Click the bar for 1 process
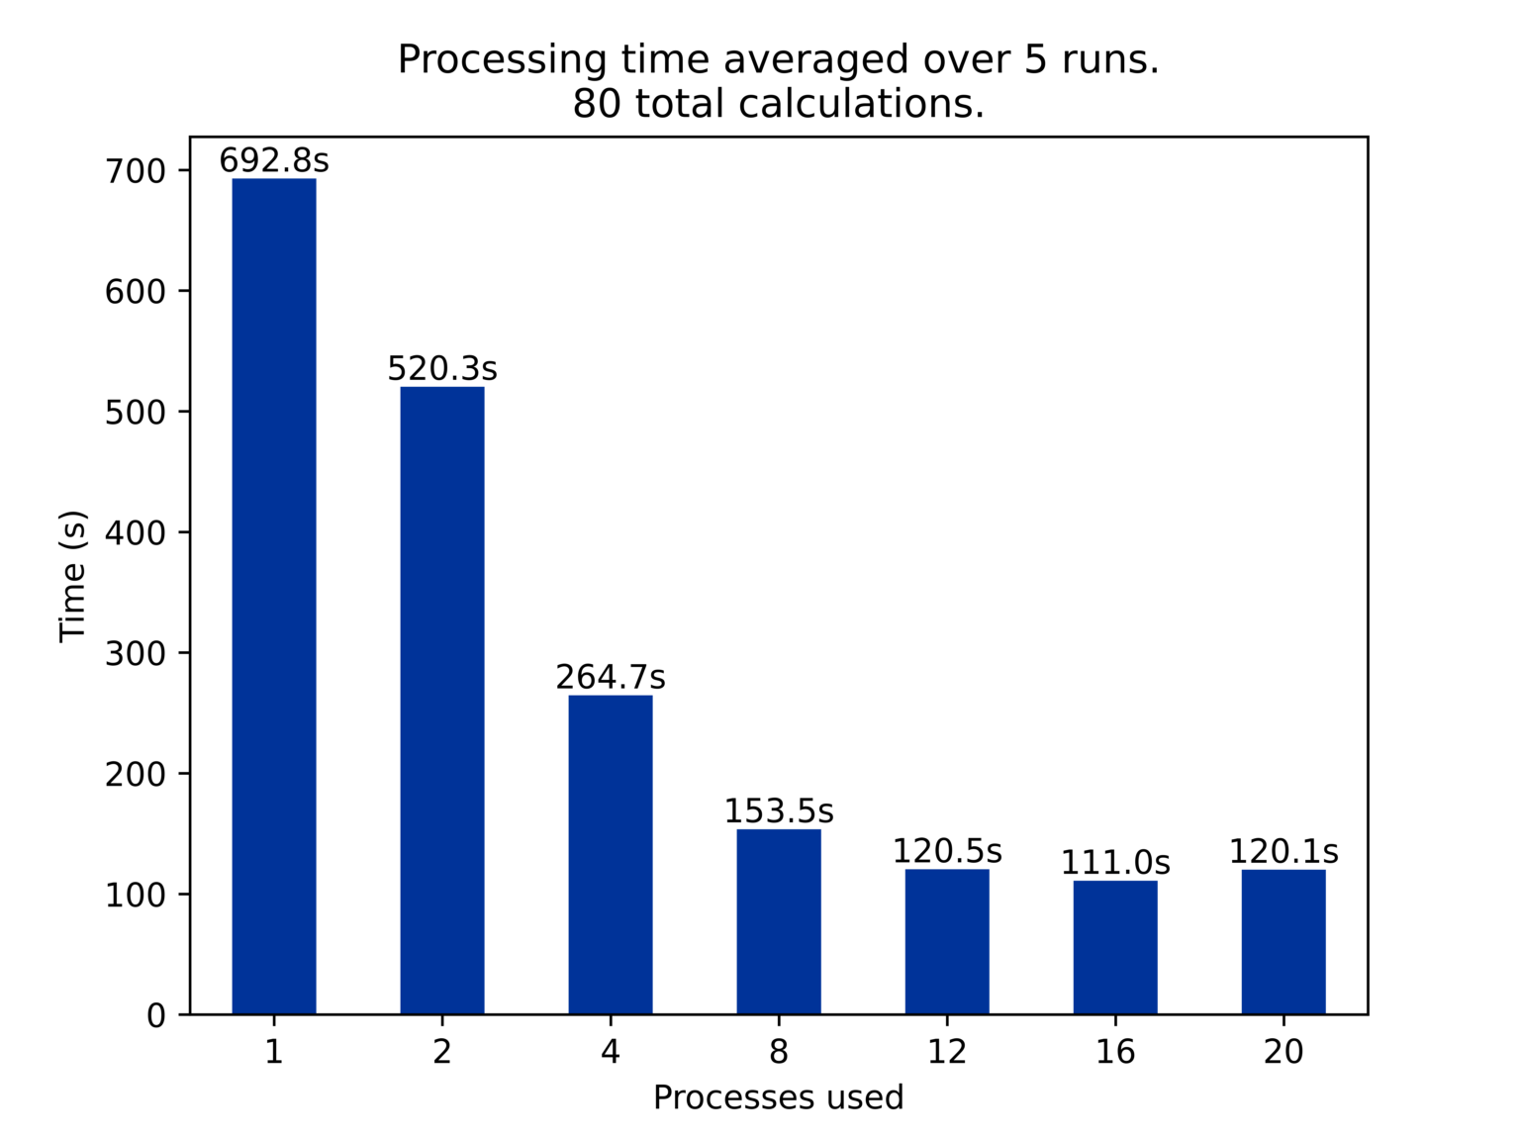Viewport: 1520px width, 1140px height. tap(274, 596)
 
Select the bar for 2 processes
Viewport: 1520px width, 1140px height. tap(442, 700)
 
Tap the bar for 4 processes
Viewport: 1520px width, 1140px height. tap(611, 854)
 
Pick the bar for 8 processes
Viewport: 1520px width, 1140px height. tap(779, 921)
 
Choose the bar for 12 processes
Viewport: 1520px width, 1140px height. tap(947, 941)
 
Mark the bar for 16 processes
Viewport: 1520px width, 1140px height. tap(1115, 947)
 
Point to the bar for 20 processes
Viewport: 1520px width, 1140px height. tap(1283, 941)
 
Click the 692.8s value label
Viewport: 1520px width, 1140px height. tap(274, 160)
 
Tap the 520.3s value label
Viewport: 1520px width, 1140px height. tap(442, 369)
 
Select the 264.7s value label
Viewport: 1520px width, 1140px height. tap(611, 678)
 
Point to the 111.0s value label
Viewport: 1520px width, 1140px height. tap(1115, 863)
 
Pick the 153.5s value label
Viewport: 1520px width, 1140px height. tap(779, 811)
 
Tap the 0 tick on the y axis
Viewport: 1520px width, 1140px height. tap(156, 1016)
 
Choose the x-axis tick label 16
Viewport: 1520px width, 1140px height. tap(1115, 1052)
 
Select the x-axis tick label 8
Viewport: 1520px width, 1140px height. tap(779, 1052)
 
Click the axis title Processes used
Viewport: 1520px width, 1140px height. tap(779, 1097)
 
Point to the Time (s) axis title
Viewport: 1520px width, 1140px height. tap(73, 576)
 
